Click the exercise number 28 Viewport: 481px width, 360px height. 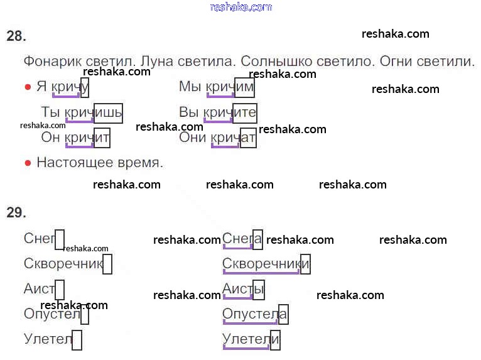(16, 36)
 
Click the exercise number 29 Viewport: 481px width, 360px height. (16, 212)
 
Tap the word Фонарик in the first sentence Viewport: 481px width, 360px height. (53, 62)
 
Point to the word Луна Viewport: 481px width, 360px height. (157, 62)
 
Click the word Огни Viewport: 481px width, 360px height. (396, 62)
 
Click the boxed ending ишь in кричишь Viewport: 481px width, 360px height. (108, 114)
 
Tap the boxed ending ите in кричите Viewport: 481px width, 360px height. (245, 114)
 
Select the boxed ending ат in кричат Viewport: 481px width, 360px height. (248, 138)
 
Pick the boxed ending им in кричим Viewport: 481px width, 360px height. (244, 87)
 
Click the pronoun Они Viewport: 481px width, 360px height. (192, 137)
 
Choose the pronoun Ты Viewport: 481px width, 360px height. (51, 112)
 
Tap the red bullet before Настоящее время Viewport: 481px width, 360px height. (28, 163)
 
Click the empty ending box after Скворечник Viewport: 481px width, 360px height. (107, 264)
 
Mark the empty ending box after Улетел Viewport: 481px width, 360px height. (77, 340)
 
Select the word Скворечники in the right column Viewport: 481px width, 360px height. (266, 264)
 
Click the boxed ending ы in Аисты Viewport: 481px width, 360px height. (259, 290)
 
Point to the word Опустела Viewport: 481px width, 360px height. (255, 314)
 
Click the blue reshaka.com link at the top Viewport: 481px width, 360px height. (241, 7)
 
